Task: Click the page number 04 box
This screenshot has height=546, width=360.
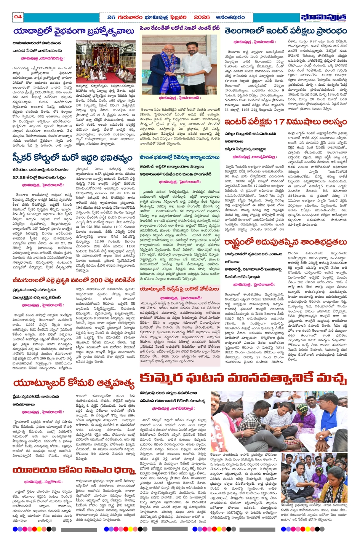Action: [18, 17]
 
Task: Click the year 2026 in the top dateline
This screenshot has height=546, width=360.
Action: [202, 17]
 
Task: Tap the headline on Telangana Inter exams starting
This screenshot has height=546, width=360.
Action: [286, 31]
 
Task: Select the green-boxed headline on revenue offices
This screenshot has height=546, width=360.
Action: [179, 157]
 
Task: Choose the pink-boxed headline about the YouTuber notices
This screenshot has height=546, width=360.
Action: [179, 289]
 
